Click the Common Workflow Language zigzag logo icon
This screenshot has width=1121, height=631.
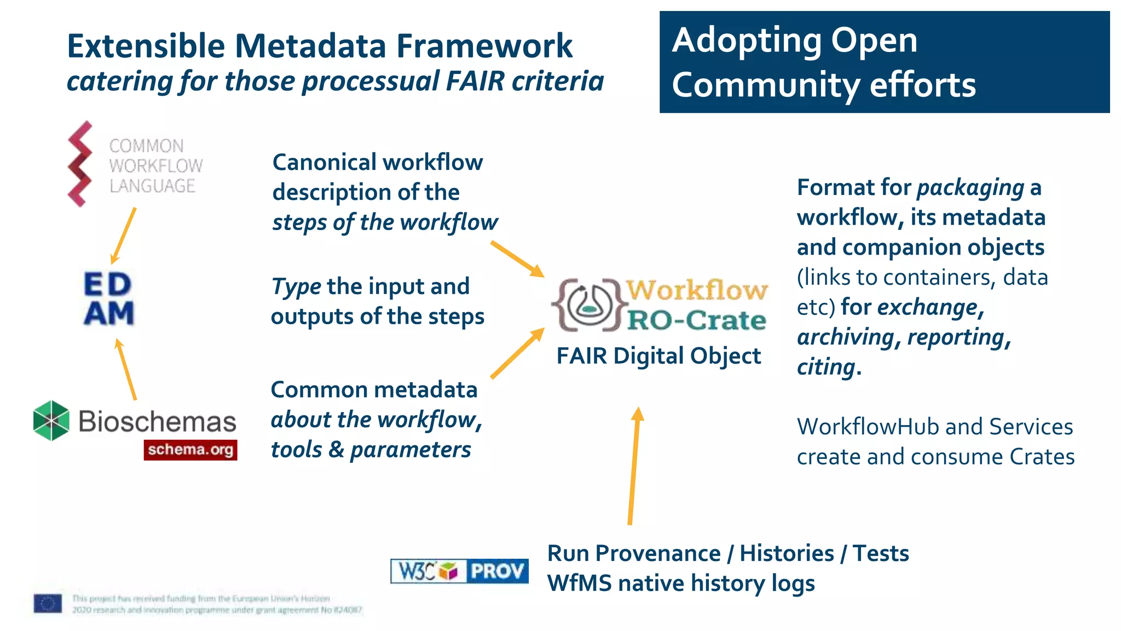point(80,164)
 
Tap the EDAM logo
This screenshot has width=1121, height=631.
point(108,299)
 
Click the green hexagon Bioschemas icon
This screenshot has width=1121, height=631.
point(51,421)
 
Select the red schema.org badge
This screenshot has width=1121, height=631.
point(190,450)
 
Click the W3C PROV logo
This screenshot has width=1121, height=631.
point(459,571)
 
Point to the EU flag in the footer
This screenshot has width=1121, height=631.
point(48,604)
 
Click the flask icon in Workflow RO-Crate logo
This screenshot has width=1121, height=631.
point(587,305)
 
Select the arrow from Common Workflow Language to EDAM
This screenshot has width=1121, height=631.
point(124,236)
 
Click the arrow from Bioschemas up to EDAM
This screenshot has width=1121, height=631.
point(126,369)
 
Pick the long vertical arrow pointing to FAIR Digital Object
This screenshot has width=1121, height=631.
point(634,466)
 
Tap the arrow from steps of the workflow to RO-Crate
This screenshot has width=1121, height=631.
point(517,259)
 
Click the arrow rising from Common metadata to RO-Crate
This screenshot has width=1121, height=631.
point(517,353)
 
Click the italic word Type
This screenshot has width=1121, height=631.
point(296,287)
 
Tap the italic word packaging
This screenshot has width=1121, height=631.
point(970,188)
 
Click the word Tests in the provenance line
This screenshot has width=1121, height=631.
point(881,553)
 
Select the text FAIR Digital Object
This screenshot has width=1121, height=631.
point(658,356)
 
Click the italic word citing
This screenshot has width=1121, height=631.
point(826,367)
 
